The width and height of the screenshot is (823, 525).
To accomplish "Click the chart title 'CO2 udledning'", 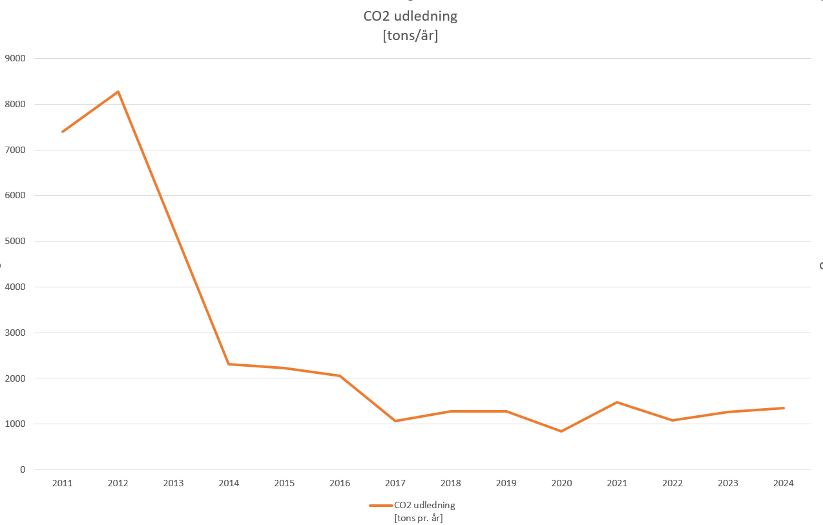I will (x=410, y=16).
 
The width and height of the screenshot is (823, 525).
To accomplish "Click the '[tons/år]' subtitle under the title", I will (x=410, y=36).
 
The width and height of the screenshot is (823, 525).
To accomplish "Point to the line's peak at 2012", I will (x=118, y=92).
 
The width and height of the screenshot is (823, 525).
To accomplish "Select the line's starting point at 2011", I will (x=63, y=132).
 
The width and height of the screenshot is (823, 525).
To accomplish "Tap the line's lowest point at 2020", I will (x=561, y=431).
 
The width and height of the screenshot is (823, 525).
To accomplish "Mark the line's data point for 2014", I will (x=229, y=364).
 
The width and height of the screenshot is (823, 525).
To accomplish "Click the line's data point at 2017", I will (x=395, y=421).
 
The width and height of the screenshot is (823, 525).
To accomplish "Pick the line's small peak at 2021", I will (x=617, y=402).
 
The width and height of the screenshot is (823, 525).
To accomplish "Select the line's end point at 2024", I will (x=784, y=408).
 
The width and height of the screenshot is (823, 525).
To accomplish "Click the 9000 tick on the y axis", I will (x=15, y=58).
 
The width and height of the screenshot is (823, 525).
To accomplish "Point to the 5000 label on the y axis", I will (x=15, y=241).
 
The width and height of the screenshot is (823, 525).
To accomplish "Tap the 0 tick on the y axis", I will (x=23, y=469).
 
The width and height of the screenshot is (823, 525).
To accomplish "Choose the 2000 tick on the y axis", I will (x=15, y=378).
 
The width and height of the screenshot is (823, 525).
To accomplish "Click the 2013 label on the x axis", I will (x=173, y=483).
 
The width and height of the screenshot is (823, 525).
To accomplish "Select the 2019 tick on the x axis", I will (x=506, y=483).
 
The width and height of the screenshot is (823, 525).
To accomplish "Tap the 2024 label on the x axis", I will (x=784, y=483).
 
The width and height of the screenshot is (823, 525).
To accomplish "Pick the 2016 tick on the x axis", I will (x=340, y=483).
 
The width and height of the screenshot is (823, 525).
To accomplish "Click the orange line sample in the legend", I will (x=381, y=506).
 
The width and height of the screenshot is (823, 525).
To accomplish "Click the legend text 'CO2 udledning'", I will (x=424, y=505).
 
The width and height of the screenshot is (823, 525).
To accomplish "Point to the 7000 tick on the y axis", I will (x=15, y=150).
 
